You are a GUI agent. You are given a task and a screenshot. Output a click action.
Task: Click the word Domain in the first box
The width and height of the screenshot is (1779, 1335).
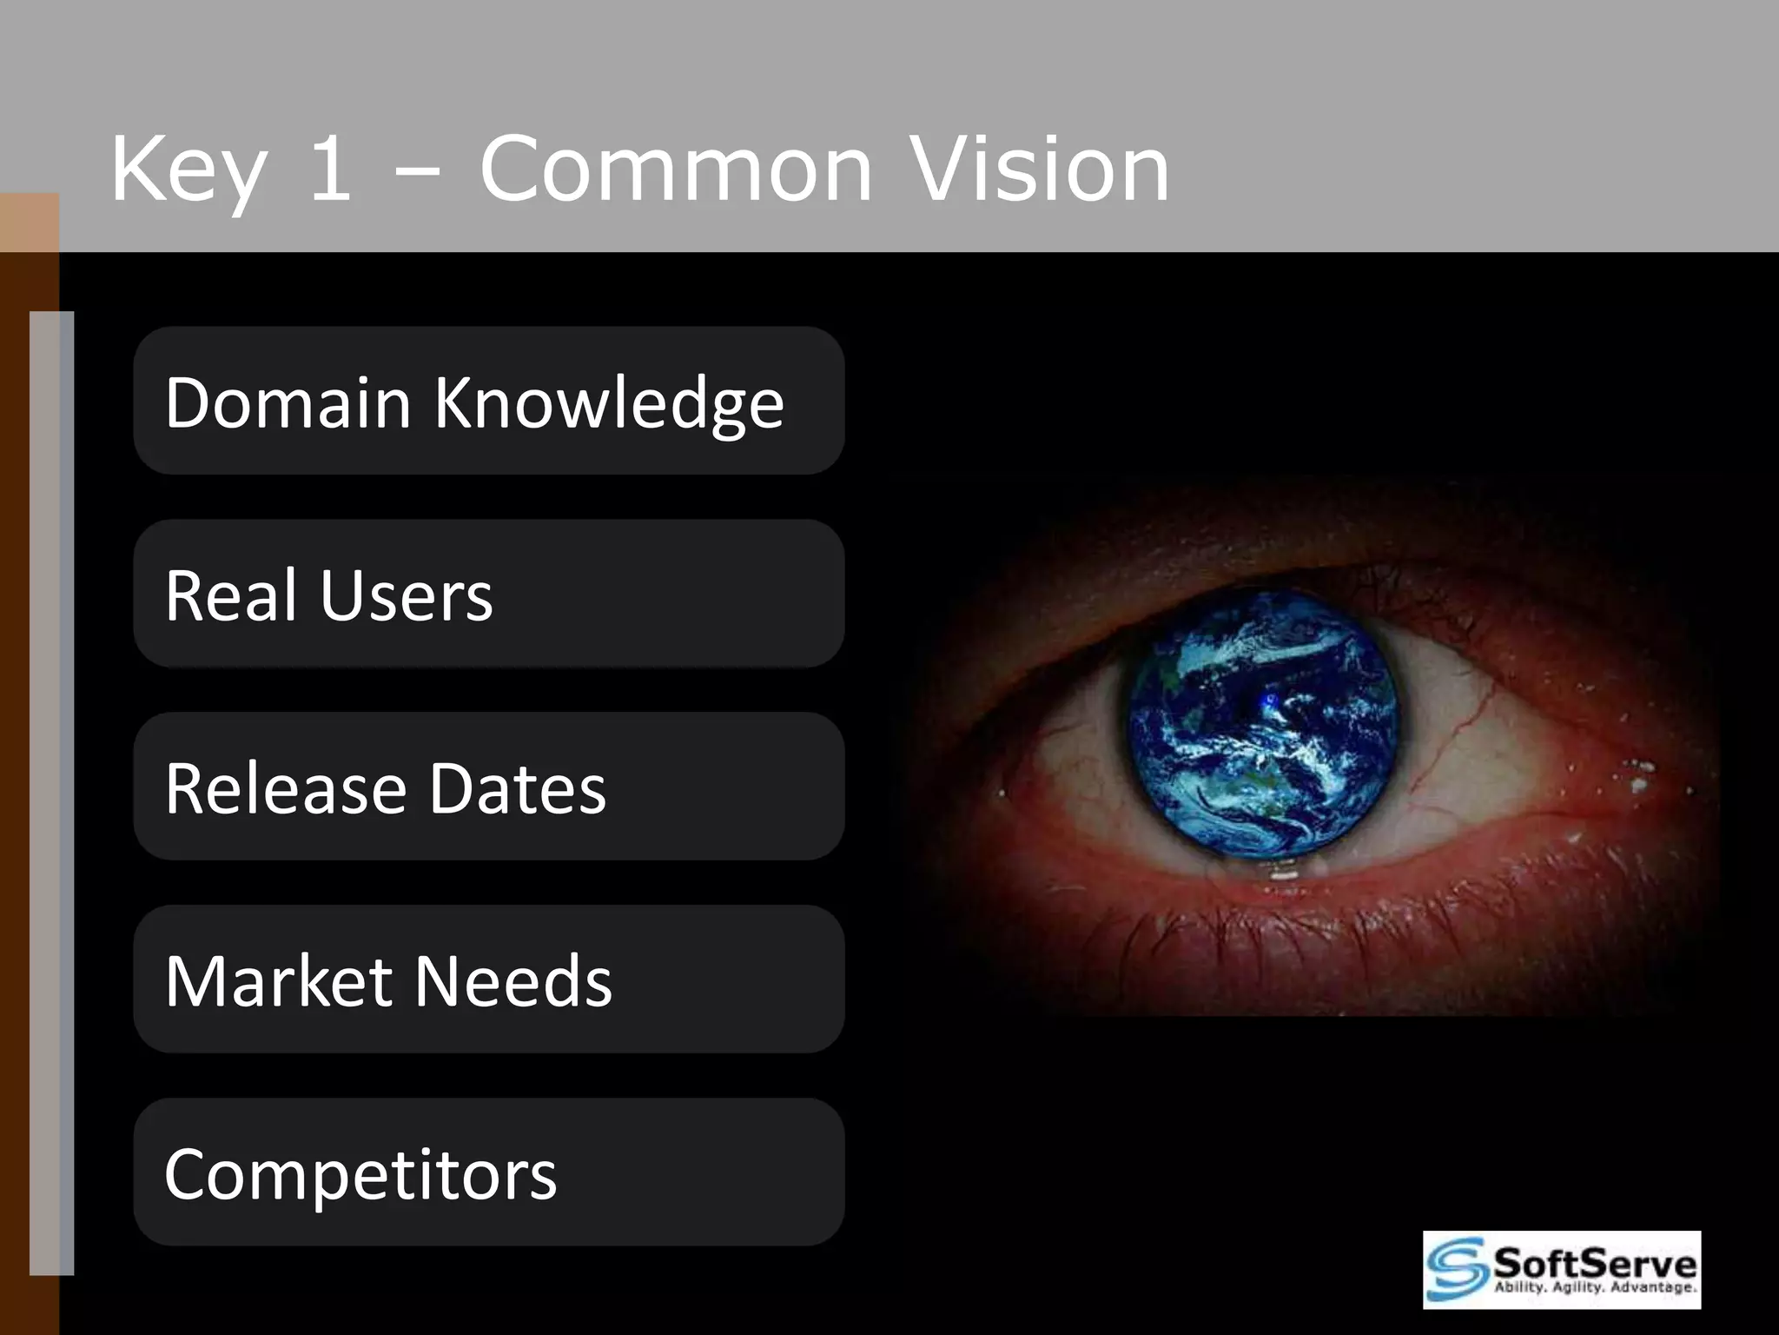(288, 402)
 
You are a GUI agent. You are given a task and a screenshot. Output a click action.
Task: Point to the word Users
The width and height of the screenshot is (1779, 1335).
(406, 597)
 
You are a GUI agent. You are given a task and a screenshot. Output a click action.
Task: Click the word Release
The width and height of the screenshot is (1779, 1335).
(286, 788)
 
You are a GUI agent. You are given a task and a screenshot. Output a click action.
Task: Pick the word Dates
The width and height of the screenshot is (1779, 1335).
(517, 788)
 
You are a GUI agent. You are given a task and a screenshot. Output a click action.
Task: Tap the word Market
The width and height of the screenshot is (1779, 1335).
(278, 981)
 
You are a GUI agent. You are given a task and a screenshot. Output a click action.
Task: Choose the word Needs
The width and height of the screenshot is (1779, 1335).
(513, 981)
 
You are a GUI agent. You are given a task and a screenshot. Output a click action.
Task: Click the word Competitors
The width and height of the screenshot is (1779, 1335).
(360, 1175)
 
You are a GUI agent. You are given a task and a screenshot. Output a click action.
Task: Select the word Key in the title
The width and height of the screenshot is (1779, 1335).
(188, 169)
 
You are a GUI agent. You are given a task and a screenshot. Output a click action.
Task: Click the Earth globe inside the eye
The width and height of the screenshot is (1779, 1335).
(1265, 723)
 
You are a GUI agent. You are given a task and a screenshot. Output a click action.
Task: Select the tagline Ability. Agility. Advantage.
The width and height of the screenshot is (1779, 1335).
(1595, 1287)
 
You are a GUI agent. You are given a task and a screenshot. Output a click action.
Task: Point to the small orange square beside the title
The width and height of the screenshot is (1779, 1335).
(29, 222)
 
